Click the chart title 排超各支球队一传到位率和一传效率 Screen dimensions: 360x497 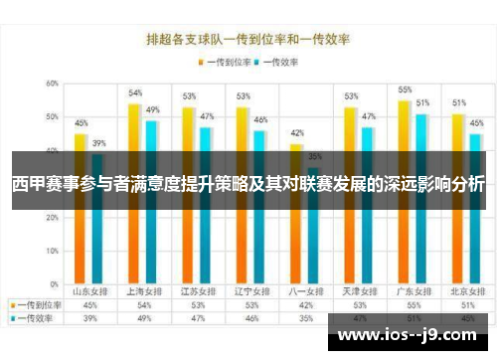coord(248,42)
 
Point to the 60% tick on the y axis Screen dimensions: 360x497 coord(51,84)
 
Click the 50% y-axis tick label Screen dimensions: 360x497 coord(51,117)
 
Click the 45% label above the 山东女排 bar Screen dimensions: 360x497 coord(82,123)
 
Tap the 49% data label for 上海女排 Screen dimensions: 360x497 coord(153,109)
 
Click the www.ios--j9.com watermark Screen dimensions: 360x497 coord(410,335)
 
